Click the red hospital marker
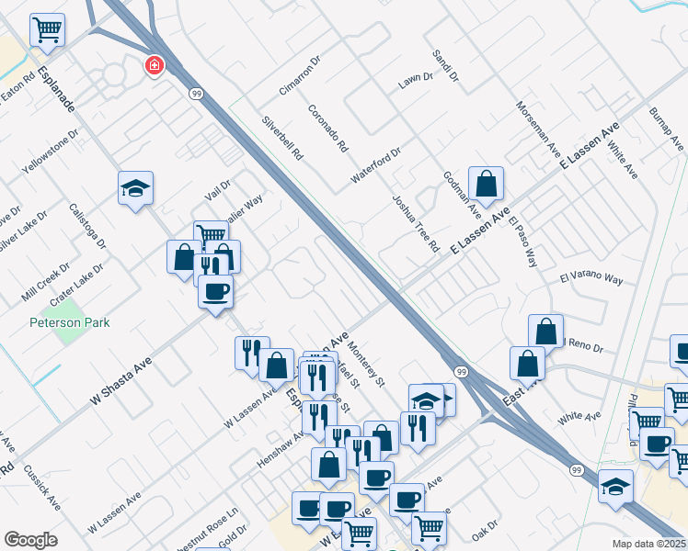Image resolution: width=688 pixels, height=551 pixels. coord(154,66)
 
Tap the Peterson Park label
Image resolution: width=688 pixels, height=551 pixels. coord(69,322)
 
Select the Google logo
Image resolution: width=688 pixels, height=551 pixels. coord(30,540)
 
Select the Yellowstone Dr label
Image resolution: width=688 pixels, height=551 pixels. coord(52,152)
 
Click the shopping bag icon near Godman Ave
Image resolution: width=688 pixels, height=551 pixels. coord(485,183)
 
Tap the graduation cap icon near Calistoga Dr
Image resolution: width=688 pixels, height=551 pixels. coord(135,188)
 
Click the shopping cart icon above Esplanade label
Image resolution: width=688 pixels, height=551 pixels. coord(48,29)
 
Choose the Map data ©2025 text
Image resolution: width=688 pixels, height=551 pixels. coord(649,543)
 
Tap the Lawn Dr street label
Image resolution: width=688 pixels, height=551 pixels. coord(415,82)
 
